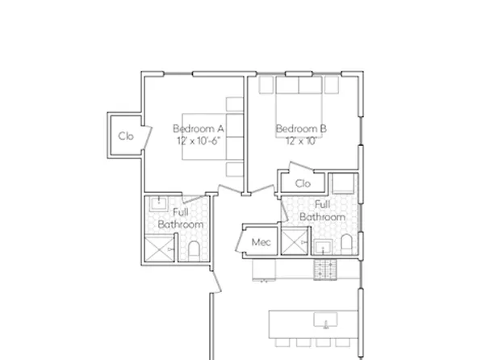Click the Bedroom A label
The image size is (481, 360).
(198, 128)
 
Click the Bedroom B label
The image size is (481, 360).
(300, 128)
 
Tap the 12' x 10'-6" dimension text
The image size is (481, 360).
(198, 140)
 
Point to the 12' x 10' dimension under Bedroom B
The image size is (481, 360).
(300, 140)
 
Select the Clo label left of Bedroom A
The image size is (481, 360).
(126, 136)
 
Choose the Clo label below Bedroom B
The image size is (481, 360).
(303, 184)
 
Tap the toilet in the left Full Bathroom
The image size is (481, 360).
(194, 248)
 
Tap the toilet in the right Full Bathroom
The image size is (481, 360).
(345, 244)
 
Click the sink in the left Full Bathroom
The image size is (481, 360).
(159, 202)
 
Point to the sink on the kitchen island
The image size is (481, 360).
(326, 320)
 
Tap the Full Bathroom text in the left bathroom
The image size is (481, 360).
(175, 218)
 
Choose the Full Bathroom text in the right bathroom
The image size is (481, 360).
(323, 211)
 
